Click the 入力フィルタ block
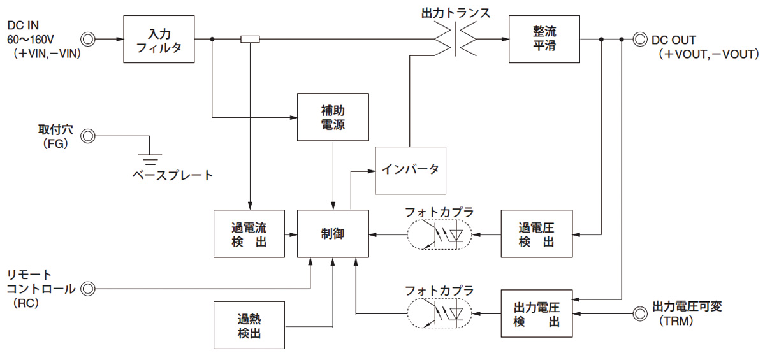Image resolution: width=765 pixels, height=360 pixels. click(159, 40)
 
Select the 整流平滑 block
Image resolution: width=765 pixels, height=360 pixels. click(544, 40)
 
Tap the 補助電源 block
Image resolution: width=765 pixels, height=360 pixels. click(333, 117)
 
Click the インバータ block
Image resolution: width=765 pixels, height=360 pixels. click(411, 170)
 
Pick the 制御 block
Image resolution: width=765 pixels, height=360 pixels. click(333, 234)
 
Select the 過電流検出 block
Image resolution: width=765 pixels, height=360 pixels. click(249, 234)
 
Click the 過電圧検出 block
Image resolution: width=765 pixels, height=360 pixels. click(537, 234)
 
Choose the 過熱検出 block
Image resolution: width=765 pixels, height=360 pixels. click(249, 326)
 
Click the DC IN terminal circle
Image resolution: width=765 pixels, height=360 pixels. click(88, 40)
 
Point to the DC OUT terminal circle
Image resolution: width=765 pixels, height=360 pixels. click(639, 40)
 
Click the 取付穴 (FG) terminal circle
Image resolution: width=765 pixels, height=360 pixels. click(88, 136)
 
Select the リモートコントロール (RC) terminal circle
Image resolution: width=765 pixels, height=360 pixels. click(88, 289)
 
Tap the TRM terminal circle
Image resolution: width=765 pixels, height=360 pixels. click(639, 313)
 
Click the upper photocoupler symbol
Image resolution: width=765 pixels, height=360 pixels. click(439, 234)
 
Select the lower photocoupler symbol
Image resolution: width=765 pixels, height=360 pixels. click(439, 313)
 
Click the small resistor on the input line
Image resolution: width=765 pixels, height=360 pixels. click(250, 40)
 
